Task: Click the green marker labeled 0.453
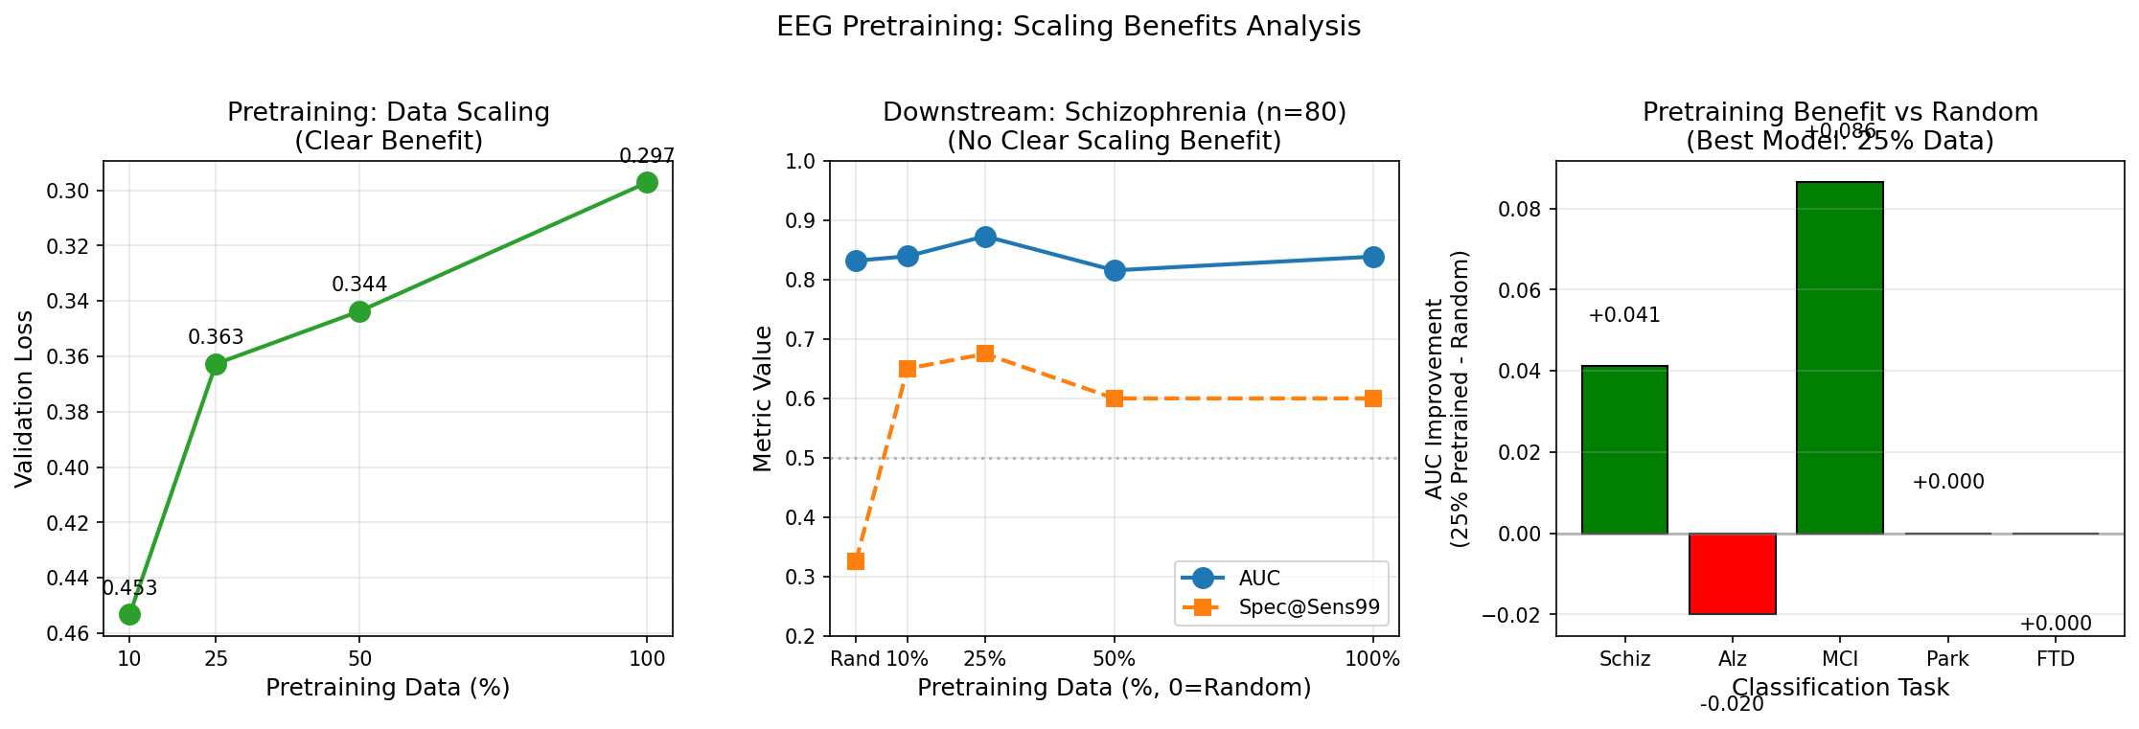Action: pyautogui.click(x=129, y=614)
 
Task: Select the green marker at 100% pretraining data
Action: pyautogui.click(x=647, y=182)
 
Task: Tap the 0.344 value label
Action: pyautogui.click(x=359, y=285)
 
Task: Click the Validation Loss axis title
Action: pyautogui.click(x=24, y=399)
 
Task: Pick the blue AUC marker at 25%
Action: pyautogui.click(x=985, y=237)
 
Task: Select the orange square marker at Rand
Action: pyautogui.click(x=856, y=561)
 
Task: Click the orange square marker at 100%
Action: pyautogui.click(x=1373, y=399)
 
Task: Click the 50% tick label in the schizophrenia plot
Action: pyautogui.click(x=1114, y=659)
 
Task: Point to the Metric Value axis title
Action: pyautogui.click(x=763, y=399)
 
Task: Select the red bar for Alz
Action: pyautogui.click(x=1733, y=573)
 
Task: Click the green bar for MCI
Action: pyautogui.click(x=1840, y=357)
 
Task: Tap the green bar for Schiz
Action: pyautogui.click(x=1624, y=449)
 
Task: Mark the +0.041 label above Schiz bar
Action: pyautogui.click(x=1624, y=315)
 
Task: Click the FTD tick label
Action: pyautogui.click(x=2056, y=659)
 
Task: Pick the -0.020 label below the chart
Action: pyautogui.click(x=1732, y=704)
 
